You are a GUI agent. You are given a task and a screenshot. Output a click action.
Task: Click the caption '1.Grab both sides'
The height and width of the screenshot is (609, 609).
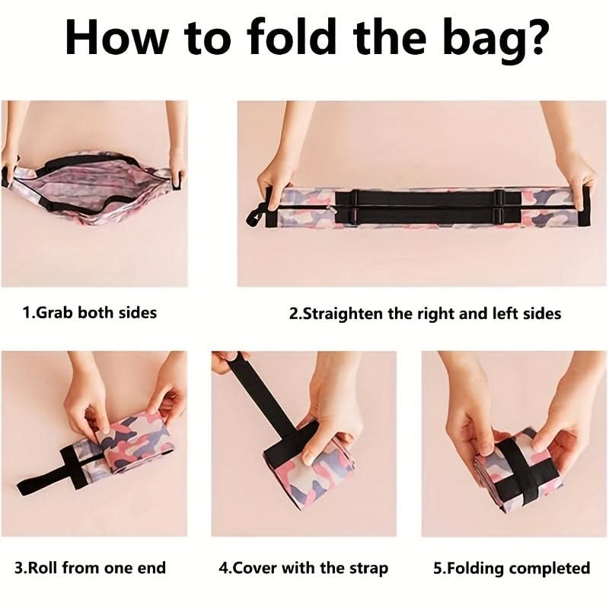point(90,313)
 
